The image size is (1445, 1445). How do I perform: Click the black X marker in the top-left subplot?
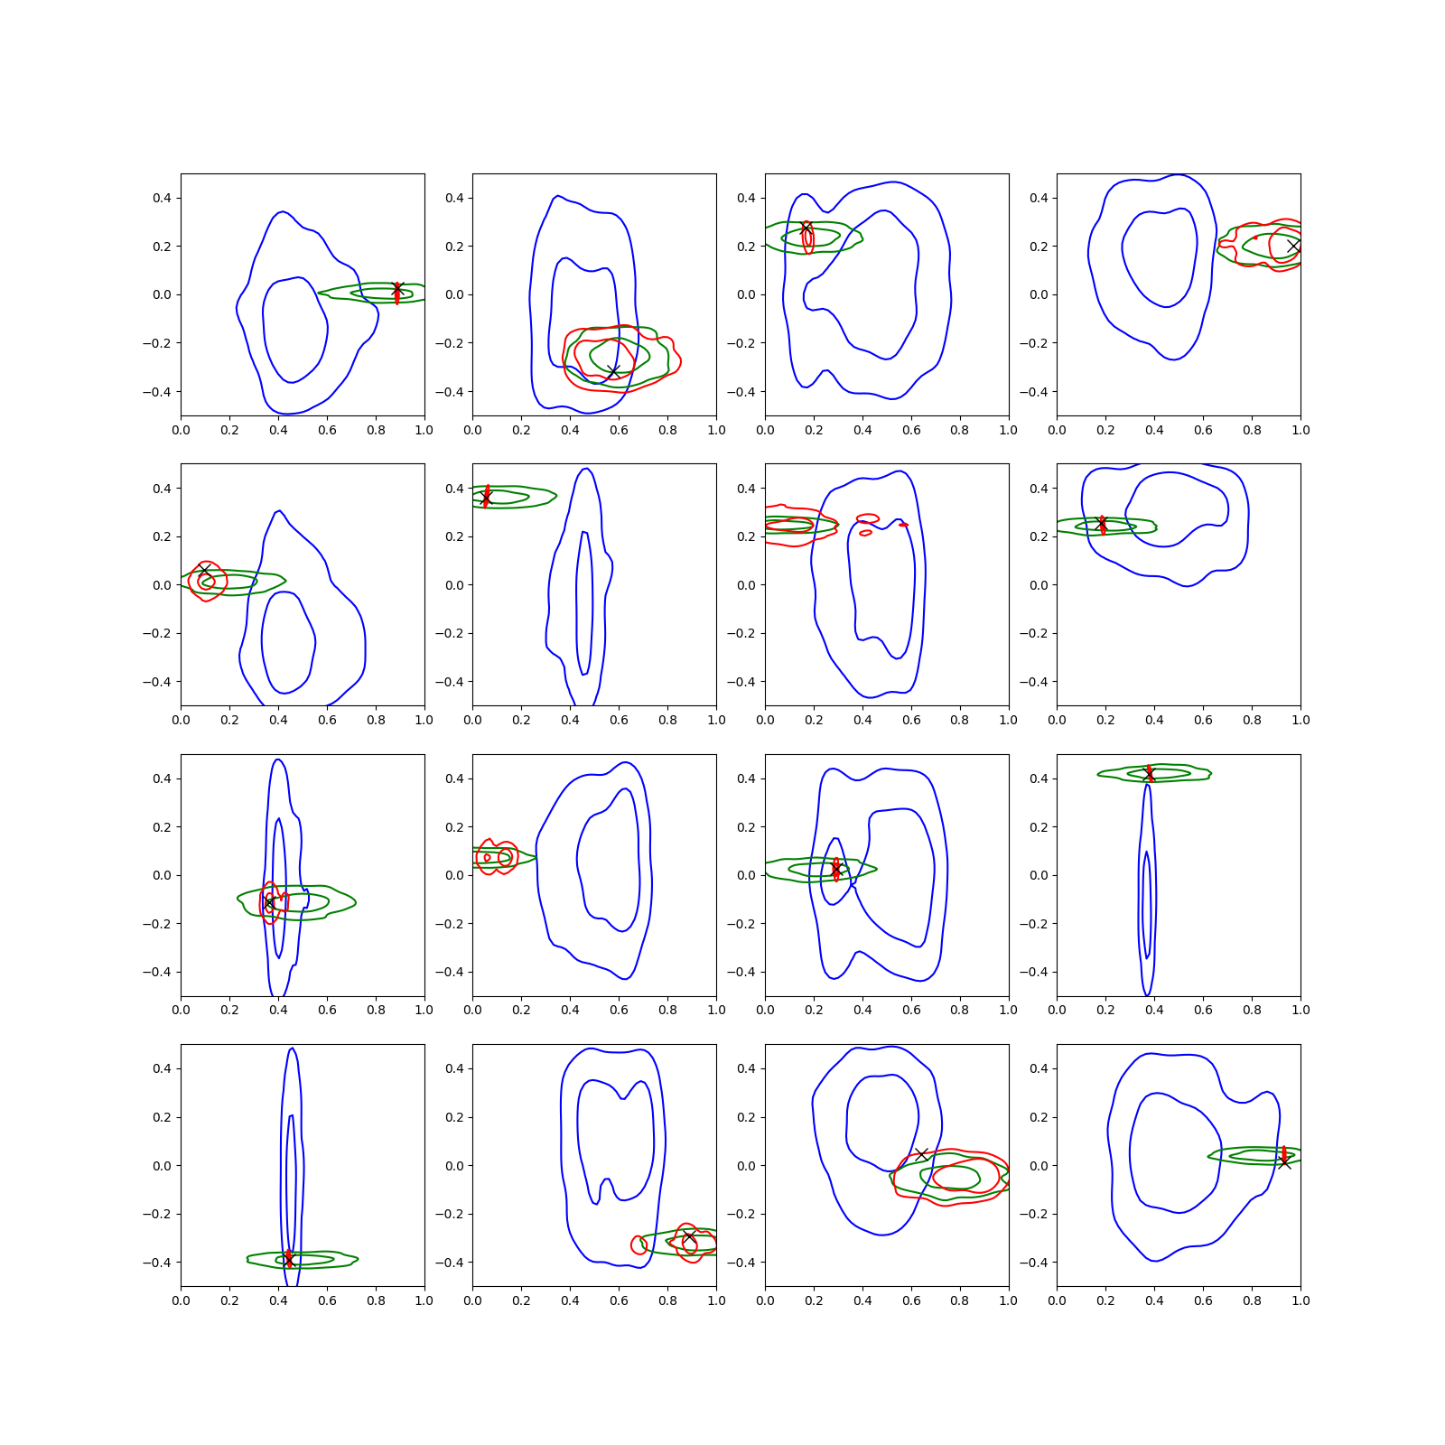click(x=396, y=289)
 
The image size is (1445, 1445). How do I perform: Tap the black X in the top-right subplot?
click(x=1293, y=246)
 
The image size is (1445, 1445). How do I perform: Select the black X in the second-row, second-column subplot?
click(x=486, y=499)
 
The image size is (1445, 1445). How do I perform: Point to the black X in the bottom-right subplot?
click(x=1284, y=1161)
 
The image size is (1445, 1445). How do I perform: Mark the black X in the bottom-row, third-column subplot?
click(x=921, y=1154)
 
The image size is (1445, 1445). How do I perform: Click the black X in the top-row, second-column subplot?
click(x=613, y=372)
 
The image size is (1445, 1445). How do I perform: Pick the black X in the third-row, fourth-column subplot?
click(x=1149, y=775)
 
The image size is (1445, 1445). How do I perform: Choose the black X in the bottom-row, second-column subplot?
click(x=689, y=1237)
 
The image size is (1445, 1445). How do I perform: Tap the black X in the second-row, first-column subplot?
click(x=204, y=571)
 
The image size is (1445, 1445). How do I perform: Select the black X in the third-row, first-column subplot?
click(x=268, y=902)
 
